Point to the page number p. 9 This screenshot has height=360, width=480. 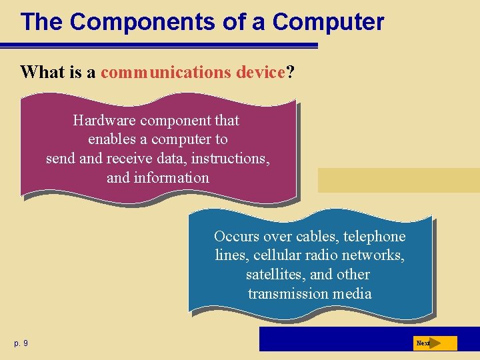tap(21, 343)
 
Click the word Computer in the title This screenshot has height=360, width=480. tap(328, 22)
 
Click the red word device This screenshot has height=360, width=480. tap(261, 72)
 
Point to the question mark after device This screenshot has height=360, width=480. tap(290, 72)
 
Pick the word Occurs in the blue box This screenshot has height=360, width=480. tap(236, 237)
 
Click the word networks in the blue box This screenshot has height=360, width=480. tap(376, 255)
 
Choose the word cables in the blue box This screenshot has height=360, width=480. tap(316, 237)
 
